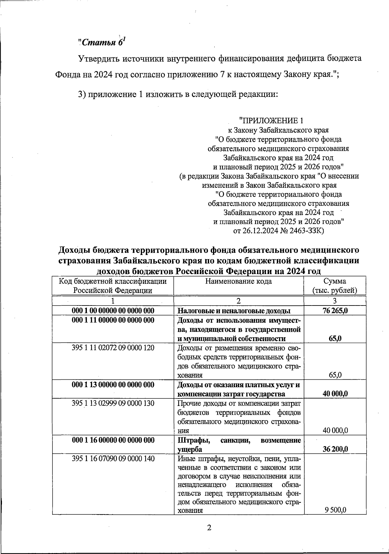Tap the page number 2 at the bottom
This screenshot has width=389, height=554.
pyautogui.click(x=209, y=528)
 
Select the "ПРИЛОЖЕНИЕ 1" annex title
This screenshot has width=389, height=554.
pyautogui.click(x=271, y=121)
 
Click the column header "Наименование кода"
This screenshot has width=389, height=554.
pyautogui.click(x=239, y=281)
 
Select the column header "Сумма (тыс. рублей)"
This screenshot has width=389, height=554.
pyautogui.click(x=335, y=286)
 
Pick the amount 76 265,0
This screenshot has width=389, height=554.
pyautogui.click(x=335, y=311)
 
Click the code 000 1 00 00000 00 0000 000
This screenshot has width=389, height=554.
pyautogui.click(x=113, y=311)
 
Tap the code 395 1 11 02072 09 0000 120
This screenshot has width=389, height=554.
pyautogui.click(x=113, y=348)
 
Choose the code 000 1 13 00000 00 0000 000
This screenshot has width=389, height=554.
pyautogui.click(x=113, y=385)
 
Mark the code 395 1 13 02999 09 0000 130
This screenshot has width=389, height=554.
pyautogui.click(x=113, y=403)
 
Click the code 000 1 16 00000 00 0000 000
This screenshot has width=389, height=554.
pyautogui.click(x=113, y=440)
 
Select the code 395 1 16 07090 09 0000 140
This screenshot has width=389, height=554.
pyautogui.click(x=113, y=459)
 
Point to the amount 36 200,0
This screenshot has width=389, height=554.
pyautogui.click(x=335, y=449)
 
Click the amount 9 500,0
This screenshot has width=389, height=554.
pyautogui.click(x=336, y=510)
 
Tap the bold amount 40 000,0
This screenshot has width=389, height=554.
pyautogui.click(x=335, y=394)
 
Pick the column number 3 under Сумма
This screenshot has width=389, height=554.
pyautogui.click(x=335, y=301)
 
